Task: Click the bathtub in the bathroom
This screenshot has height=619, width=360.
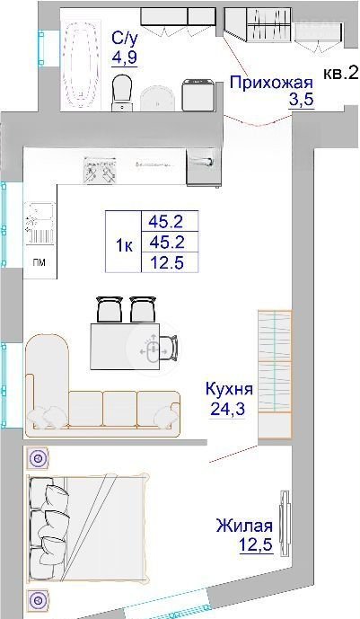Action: tap(80, 65)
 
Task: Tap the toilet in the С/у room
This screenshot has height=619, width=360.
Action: tap(122, 93)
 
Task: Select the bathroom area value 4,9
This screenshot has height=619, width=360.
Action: tap(124, 58)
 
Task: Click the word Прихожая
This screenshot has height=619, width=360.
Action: tap(271, 84)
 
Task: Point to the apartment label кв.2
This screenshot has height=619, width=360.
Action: tap(340, 73)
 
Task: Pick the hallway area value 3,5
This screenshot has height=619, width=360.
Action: tap(302, 101)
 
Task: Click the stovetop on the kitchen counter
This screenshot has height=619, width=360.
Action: tap(101, 170)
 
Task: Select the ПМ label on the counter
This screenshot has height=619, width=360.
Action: tap(40, 263)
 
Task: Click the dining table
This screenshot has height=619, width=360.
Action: tap(125, 346)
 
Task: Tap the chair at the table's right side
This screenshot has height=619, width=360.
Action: tap(171, 348)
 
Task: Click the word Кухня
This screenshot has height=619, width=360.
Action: tap(229, 389)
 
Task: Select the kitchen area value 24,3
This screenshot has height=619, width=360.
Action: tap(227, 409)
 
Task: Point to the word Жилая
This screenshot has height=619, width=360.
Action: tap(244, 526)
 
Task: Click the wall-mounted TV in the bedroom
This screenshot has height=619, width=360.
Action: tap(285, 523)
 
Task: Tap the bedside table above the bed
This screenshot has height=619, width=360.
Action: tap(38, 458)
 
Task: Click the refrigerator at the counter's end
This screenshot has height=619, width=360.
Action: tap(202, 166)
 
